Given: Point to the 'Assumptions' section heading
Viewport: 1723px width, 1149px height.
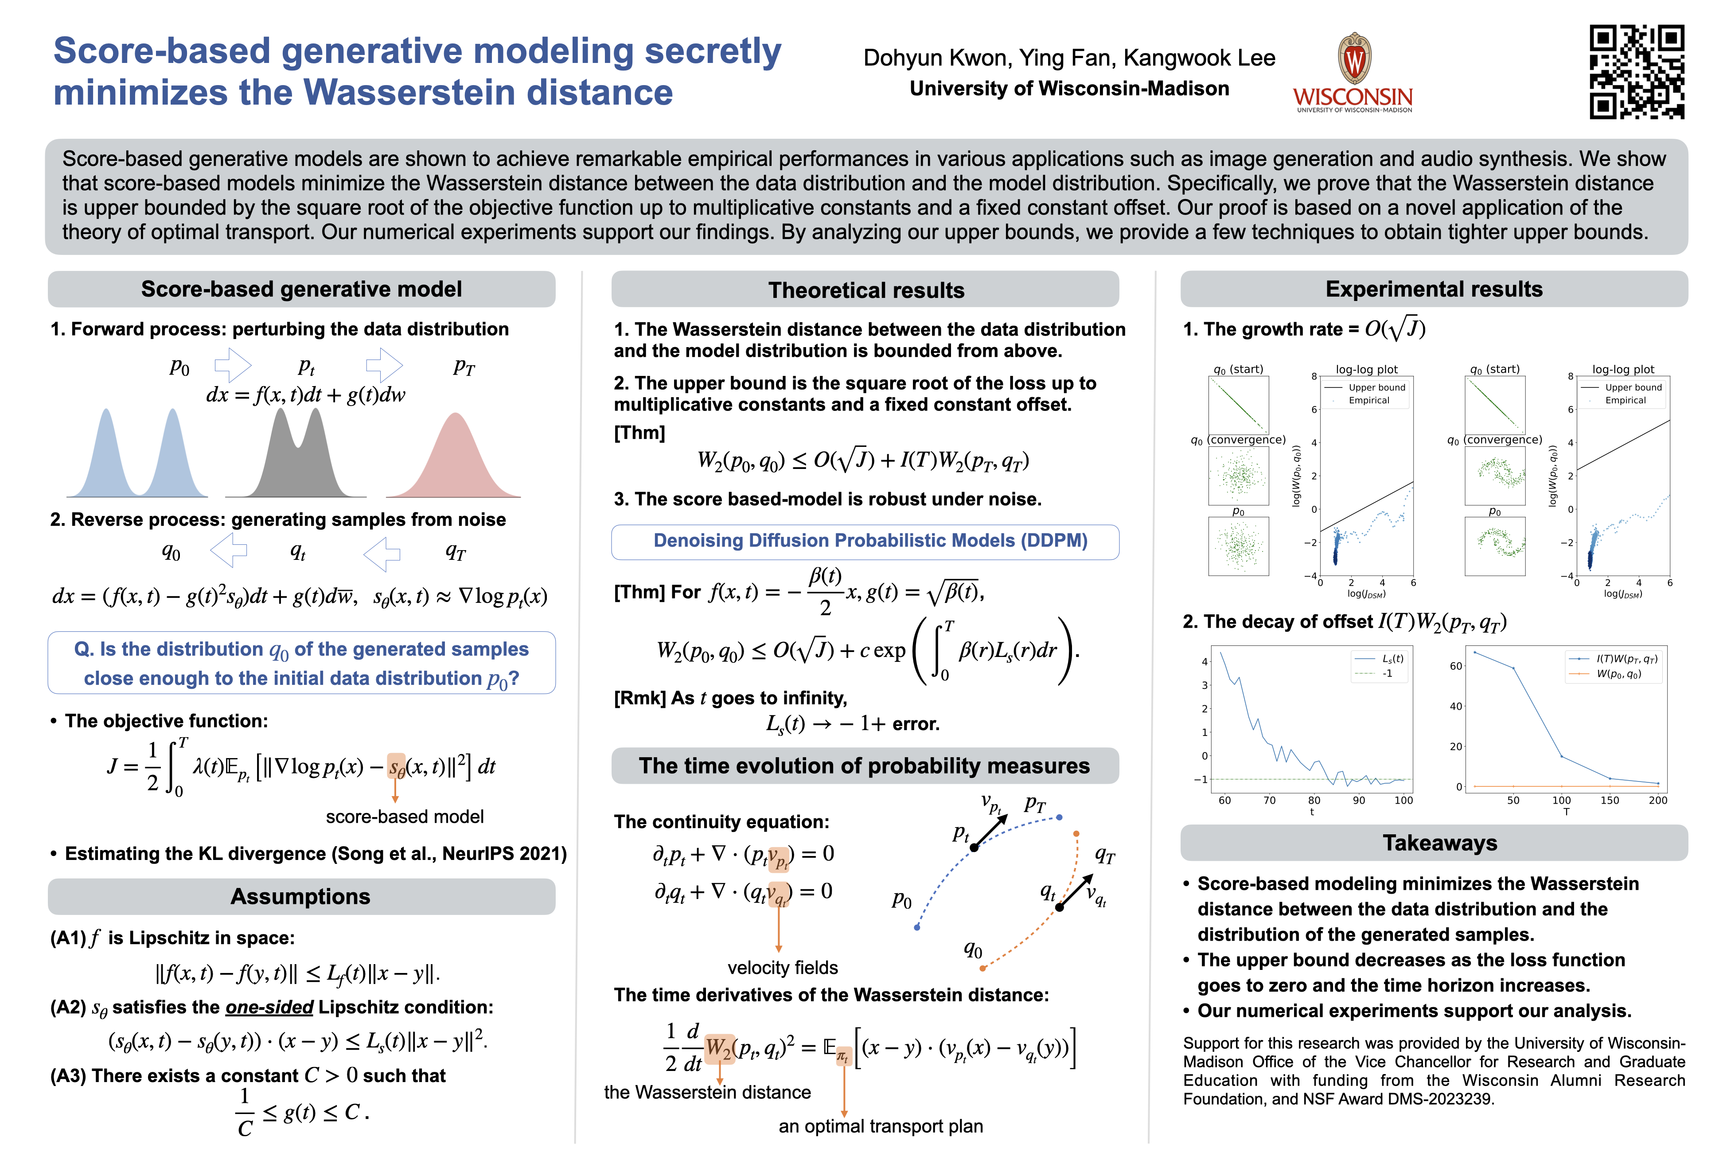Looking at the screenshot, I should pyautogui.click(x=300, y=896).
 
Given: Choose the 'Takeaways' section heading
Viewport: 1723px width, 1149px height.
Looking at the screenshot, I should pyautogui.click(x=1439, y=843).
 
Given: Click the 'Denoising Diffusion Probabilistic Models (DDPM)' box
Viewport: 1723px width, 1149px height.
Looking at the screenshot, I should pyautogui.click(x=869, y=541).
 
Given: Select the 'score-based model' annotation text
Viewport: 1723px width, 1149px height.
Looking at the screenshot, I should pyautogui.click(x=404, y=817).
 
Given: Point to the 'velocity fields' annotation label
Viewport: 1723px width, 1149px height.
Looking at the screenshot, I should pyautogui.click(x=782, y=968).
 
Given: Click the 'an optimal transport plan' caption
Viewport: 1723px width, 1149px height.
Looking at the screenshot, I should pyautogui.click(x=881, y=1126).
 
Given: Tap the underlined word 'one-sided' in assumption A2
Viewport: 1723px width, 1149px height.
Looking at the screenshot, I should pyautogui.click(x=269, y=1008).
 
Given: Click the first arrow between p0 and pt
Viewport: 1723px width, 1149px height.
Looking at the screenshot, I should pyautogui.click(x=233, y=365).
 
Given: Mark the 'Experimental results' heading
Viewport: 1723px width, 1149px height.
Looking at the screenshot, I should pyautogui.click(x=1434, y=289).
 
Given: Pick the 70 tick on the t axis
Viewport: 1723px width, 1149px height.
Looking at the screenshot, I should pyautogui.click(x=1270, y=800).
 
